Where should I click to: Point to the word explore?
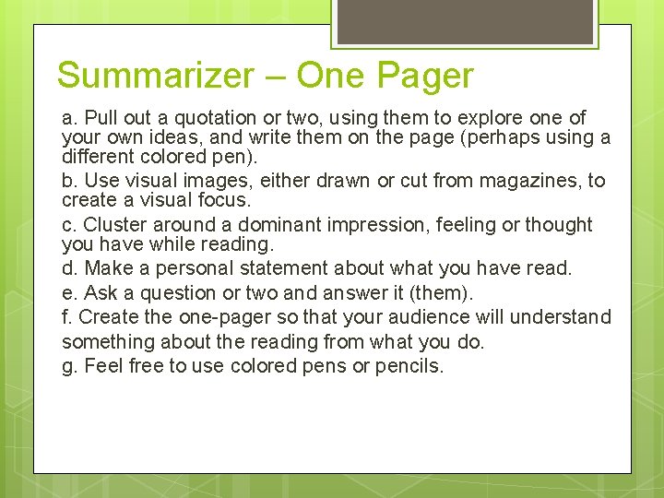(x=490, y=118)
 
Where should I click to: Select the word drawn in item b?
(x=338, y=181)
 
